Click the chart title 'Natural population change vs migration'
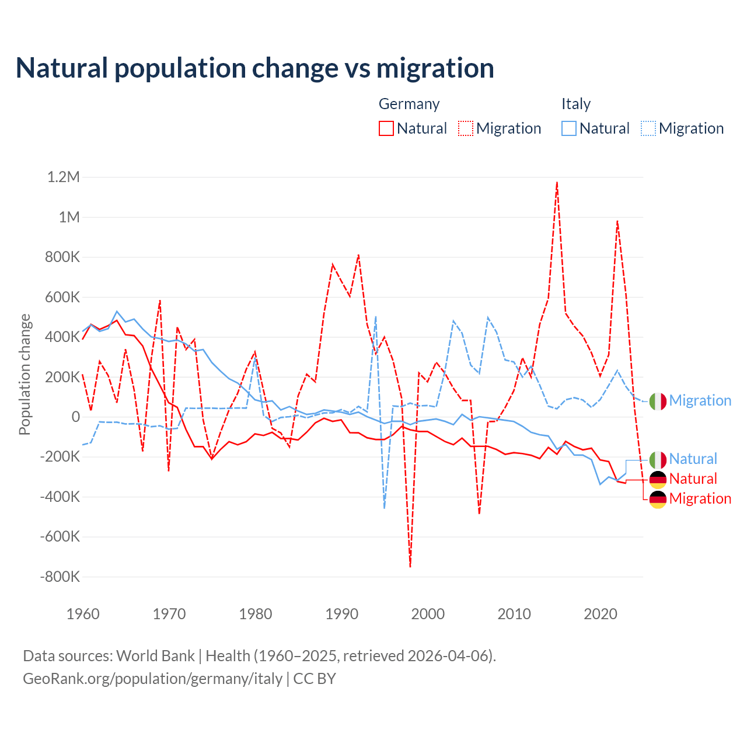(x=255, y=68)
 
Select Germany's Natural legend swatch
(x=386, y=128)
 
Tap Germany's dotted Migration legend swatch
(x=466, y=128)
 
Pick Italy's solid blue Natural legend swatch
(x=569, y=128)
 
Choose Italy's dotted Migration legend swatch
(x=648, y=128)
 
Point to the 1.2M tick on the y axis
(x=64, y=177)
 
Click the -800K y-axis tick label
(x=60, y=577)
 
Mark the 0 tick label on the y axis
(x=76, y=417)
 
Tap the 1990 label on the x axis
(x=342, y=614)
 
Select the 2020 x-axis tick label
(x=601, y=614)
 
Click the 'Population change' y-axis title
(x=25, y=375)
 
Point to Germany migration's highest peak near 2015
(x=557, y=182)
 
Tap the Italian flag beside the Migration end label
(x=658, y=401)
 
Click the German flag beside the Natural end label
(x=658, y=479)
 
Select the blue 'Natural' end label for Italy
(x=693, y=459)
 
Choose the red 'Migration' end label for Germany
(x=700, y=498)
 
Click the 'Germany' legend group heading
(x=409, y=104)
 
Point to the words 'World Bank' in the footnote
(x=155, y=656)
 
